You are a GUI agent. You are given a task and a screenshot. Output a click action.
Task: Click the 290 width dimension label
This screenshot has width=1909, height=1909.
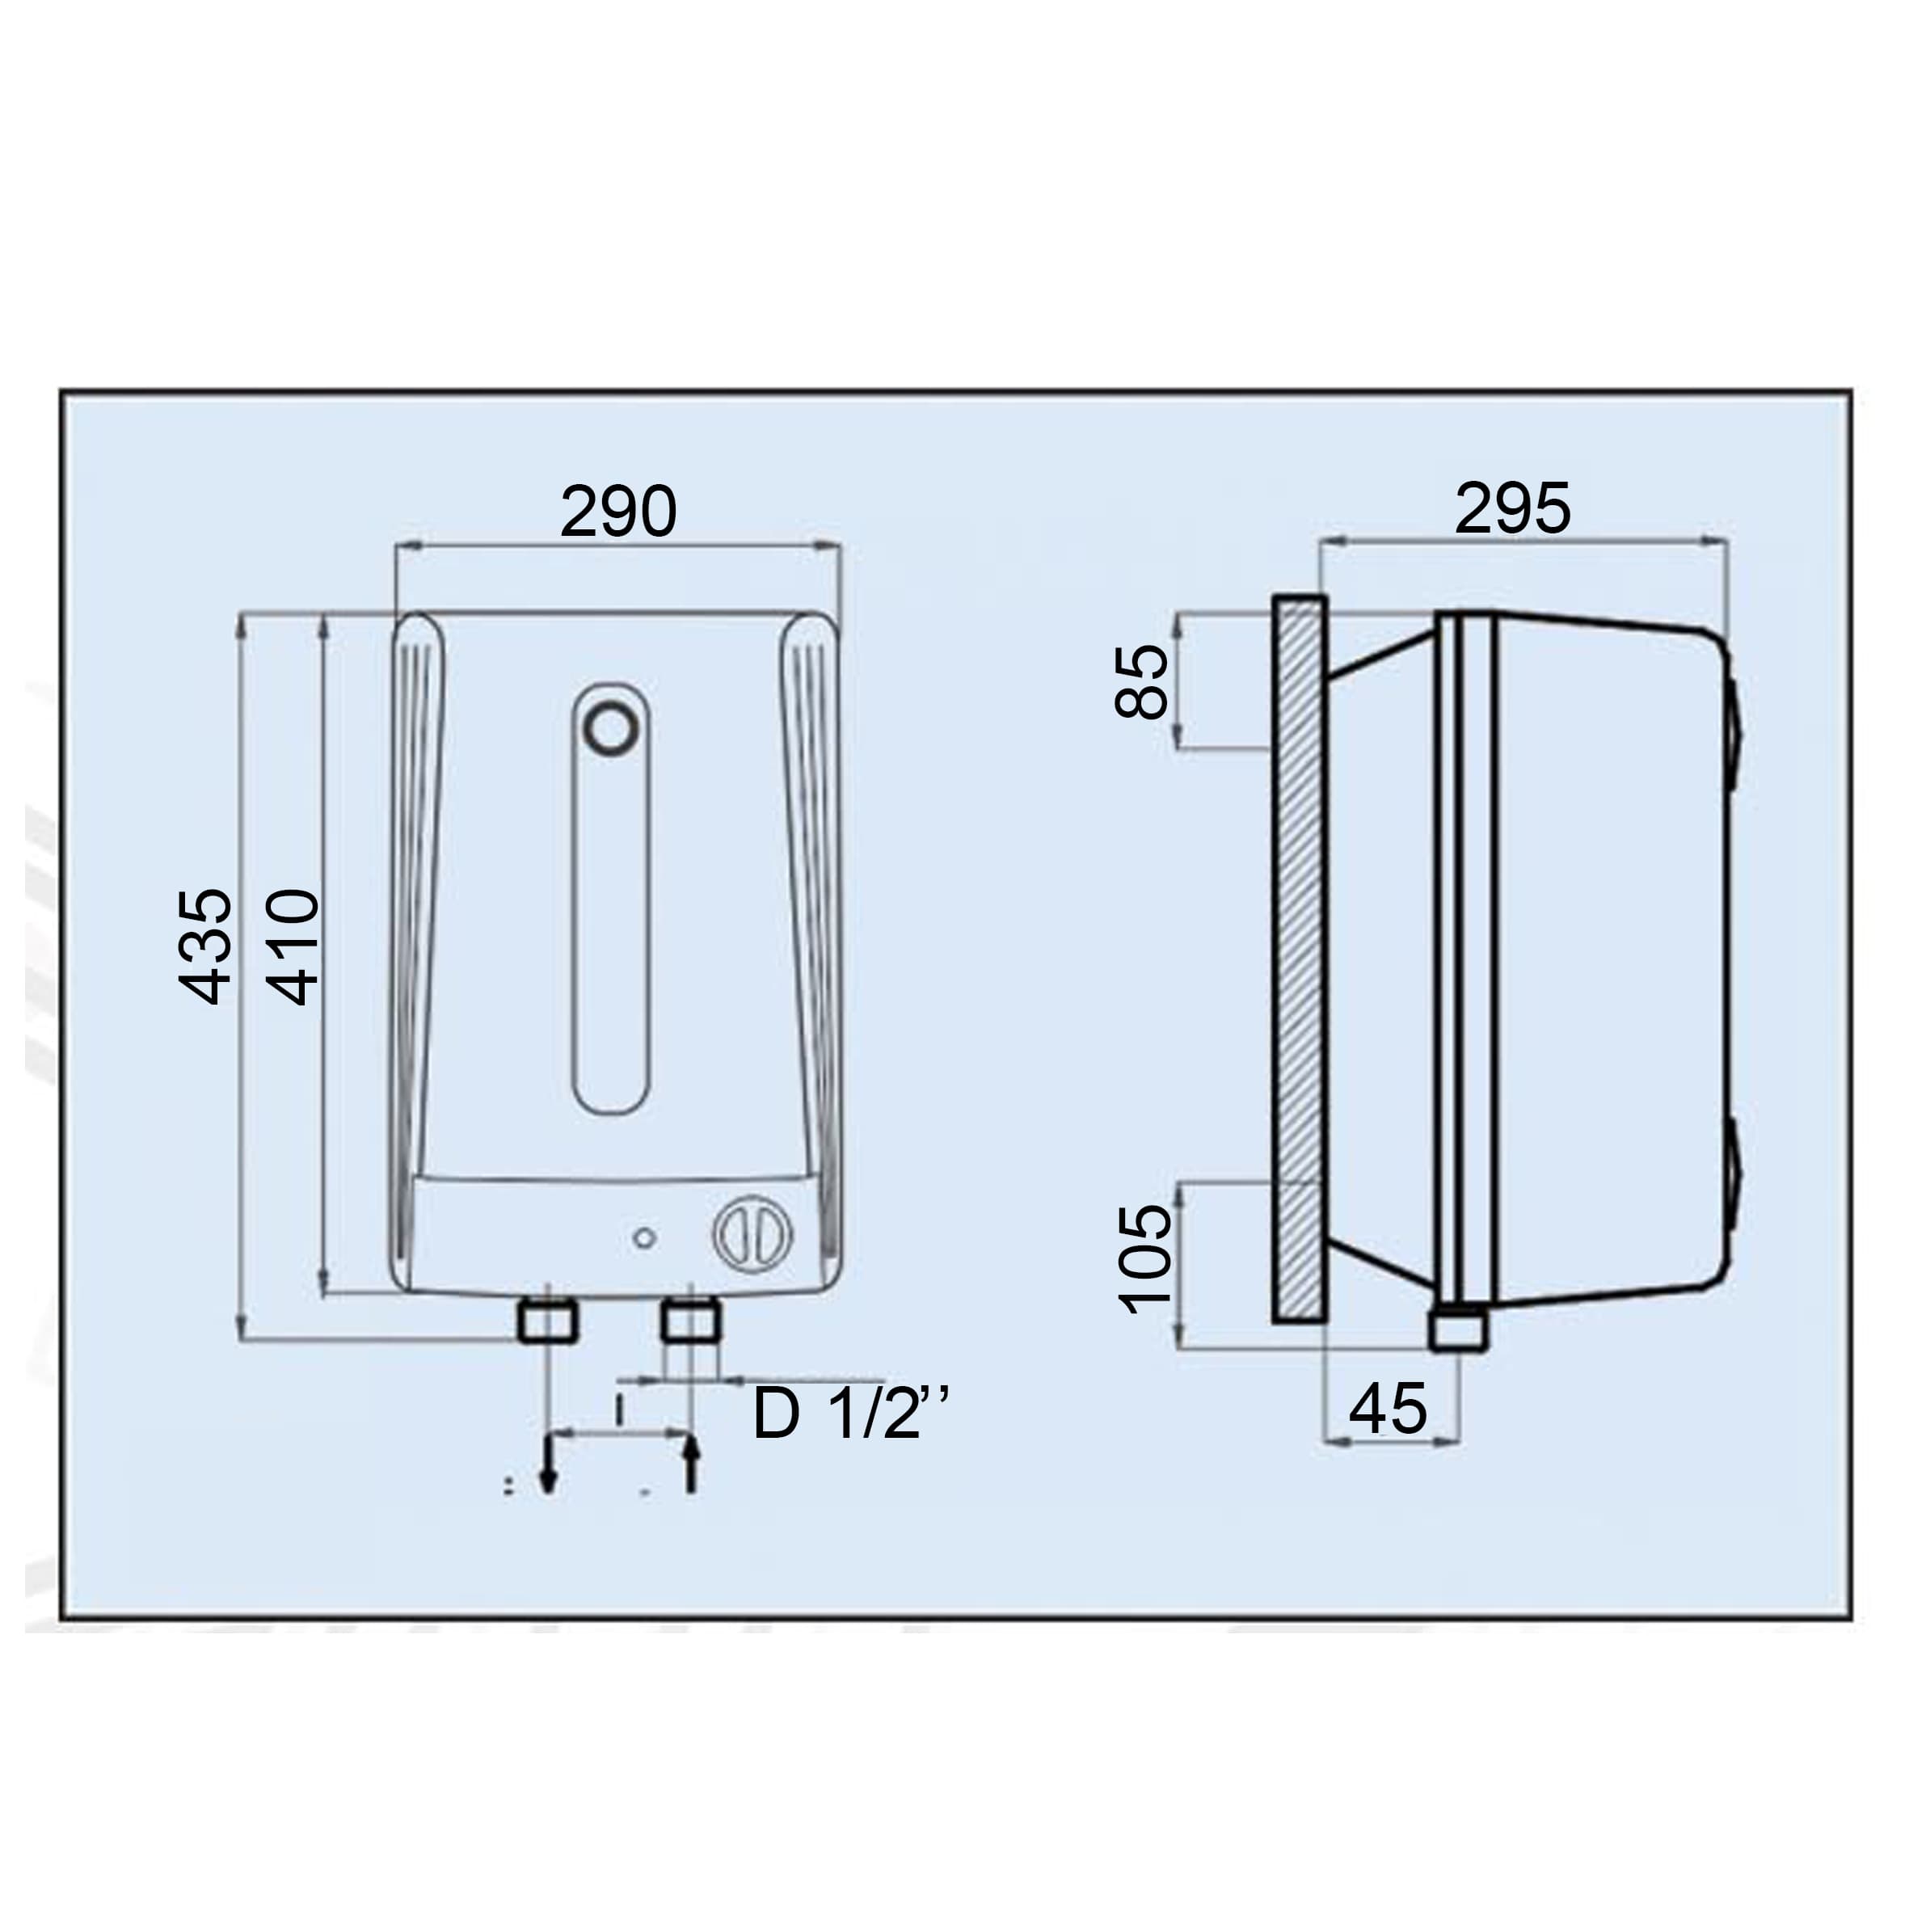click(618, 512)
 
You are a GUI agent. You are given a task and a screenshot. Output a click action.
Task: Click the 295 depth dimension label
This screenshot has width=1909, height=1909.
click(1513, 509)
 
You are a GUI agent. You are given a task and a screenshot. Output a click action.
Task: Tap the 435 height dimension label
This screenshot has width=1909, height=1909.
click(204, 946)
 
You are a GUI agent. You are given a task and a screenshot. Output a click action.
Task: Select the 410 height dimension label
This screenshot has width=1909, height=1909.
click(293, 946)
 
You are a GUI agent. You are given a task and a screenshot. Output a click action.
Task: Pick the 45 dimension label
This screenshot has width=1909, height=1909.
click(1389, 1408)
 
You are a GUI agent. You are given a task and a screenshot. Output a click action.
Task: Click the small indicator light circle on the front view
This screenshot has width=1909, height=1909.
click(644, 1238)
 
